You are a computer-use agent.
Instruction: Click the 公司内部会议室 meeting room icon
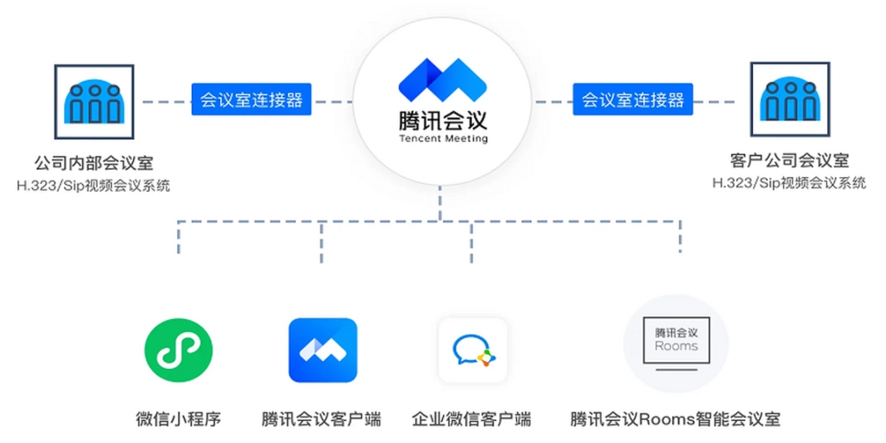[94, 99]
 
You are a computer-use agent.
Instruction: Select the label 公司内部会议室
[94, 163]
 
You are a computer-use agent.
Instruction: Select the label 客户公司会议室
[789, 161]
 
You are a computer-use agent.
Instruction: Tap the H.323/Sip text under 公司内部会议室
[94, 186]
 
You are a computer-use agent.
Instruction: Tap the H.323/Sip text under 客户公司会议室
[789, 183]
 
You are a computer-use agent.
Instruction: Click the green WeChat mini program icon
[178, 351]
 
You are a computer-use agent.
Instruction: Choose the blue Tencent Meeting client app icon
[322, 350]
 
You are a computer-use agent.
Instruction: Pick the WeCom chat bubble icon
[473, 351]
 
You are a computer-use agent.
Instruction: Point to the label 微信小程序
[178, 418]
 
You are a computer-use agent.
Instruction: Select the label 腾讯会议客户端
[322, 418]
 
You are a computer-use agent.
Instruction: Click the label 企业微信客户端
[472, 418]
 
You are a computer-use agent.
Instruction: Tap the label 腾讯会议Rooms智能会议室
[675, 418]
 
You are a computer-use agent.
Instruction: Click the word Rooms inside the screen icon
[676, 346]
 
